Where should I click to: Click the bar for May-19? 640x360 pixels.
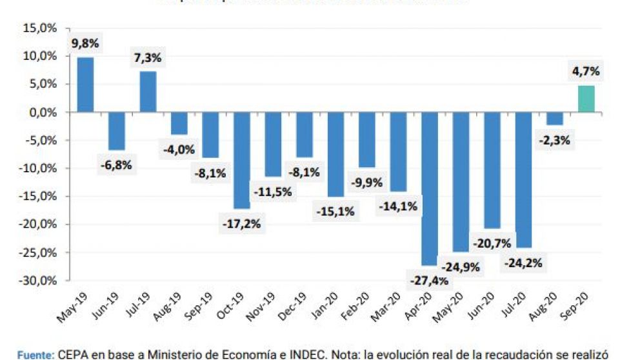tap(85, 85)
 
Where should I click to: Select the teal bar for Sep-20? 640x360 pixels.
tap(586, 99)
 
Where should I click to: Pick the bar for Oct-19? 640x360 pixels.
tap(242, 160)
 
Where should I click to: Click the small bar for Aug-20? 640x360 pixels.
tap(554, 119)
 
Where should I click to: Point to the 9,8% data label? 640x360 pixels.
tap(85, 45)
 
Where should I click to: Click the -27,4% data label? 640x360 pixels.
tap(429, 281)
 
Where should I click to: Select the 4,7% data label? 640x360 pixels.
tap(585, 72)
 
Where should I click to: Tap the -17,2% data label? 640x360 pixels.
tap(242, 224)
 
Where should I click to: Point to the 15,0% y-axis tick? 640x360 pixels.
tap(41, 28)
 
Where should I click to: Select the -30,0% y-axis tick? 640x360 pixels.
tap(39, 281)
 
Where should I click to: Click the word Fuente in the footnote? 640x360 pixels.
tap(34, 354)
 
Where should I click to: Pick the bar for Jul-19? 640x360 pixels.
tap(148, 92)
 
